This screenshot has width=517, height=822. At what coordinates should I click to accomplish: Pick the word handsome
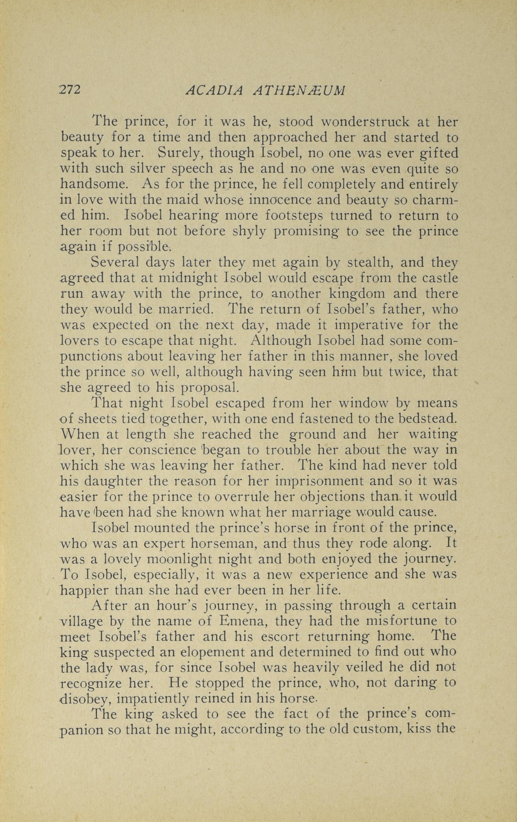pos(93,184)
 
